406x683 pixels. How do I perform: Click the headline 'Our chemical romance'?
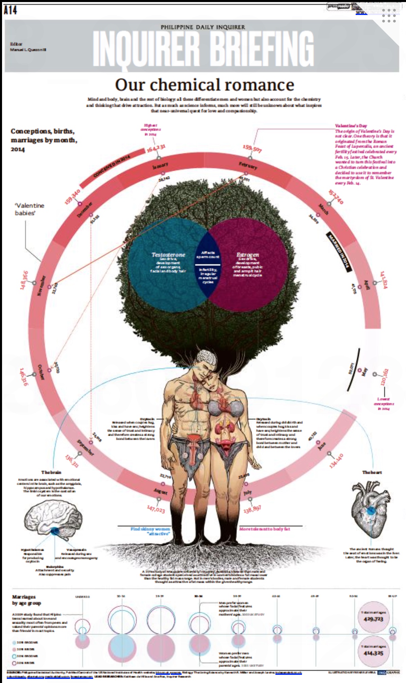coord(204,85)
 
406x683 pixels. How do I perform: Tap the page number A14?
coord(10,10)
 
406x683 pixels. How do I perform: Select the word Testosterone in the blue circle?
coord(168,255)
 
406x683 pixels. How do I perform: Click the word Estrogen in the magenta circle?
coord(248,255)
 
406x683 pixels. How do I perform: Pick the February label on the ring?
coord(248,166)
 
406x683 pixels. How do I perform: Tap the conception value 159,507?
coord(252,148)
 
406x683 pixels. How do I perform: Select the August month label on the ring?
coord(160,492)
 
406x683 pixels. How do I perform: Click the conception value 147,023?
coord(156,509)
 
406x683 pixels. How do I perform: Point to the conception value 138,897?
coord(252,509)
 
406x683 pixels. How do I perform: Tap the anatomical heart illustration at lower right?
coord(370,504)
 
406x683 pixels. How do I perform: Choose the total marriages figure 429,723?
coord(373,619)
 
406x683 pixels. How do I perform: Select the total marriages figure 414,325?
coord(373,653)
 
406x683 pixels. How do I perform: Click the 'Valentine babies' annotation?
coord(29,209)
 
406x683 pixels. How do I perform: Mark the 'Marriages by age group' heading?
coord(26,600)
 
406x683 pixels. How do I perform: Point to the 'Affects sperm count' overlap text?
coord(208,255)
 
